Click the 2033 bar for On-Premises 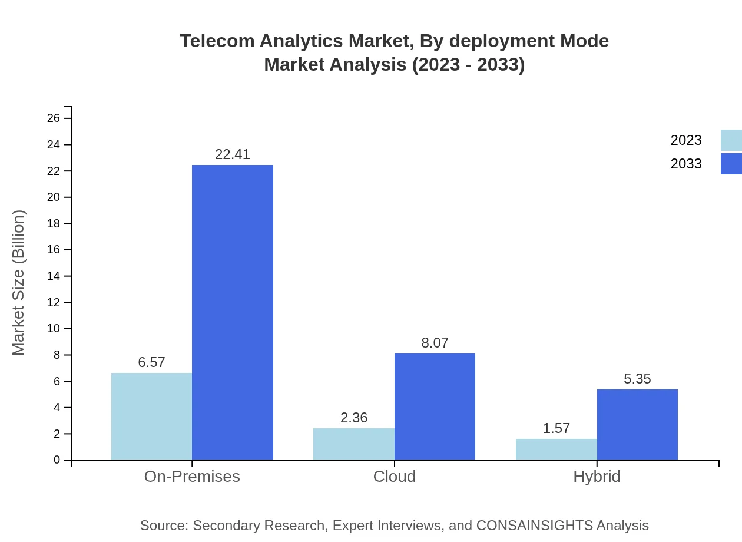[233, 312]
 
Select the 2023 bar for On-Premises [151, 416]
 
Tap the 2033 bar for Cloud [435, 406]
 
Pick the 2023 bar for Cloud [353, 444]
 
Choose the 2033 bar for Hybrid [637, 424]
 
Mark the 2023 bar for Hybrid [556, 449]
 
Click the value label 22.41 [233, 154]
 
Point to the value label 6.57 [151, 362]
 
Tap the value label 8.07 [435, 343]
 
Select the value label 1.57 [556, 428]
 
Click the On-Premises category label [192, 477]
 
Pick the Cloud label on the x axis [395, 477]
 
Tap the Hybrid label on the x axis [597, 477]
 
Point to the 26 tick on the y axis [54, 118]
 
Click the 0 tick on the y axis [57, 460]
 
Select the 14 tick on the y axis [54, 276]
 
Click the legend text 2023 [686, 140]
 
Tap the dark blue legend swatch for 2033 [731, 164]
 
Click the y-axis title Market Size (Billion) [18, 283]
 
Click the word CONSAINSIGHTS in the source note [534, 526]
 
